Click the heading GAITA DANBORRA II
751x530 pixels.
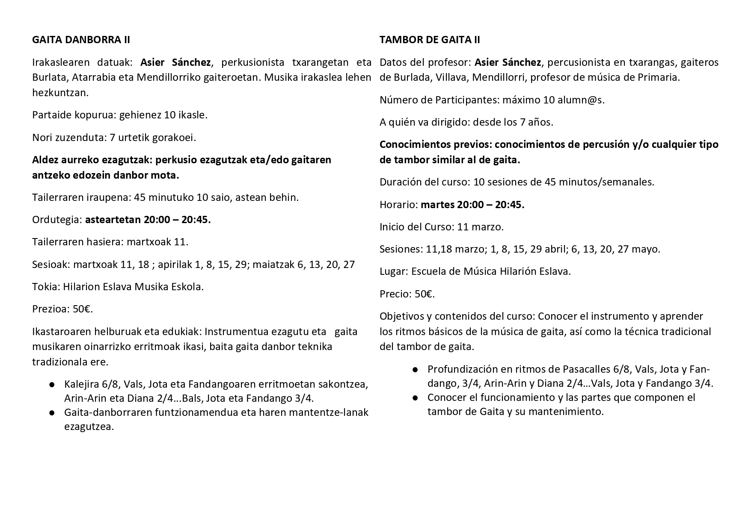coord(81,40)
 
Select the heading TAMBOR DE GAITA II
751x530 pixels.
coord(430,40)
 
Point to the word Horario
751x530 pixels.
coord(398,205)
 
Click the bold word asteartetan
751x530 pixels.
coord(113,220)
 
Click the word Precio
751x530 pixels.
coord(395,294)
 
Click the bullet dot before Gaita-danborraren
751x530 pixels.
coord(52,413)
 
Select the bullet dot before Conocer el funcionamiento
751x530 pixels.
coord(415,398)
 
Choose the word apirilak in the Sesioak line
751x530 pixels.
coord(174,264)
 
